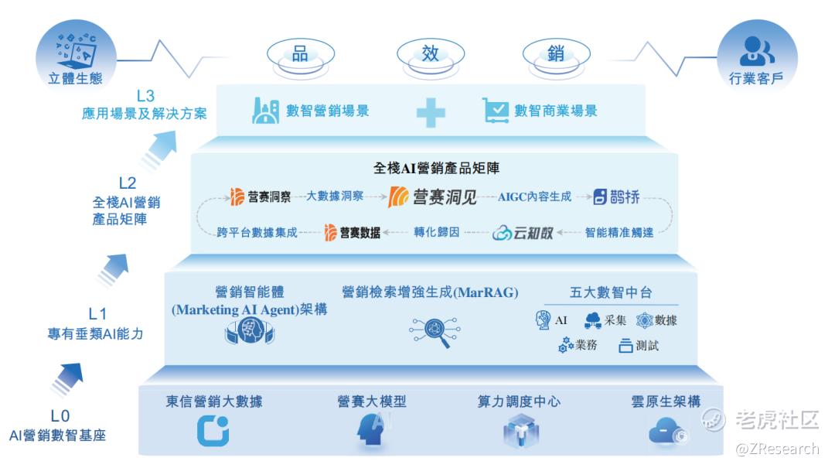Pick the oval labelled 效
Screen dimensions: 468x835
click(431, 55)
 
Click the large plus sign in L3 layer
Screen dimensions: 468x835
click(431, 112)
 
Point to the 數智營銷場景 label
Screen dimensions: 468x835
click(328, 111)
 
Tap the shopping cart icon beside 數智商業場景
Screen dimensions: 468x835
click(496, 111)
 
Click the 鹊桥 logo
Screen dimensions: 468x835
click(616, 197)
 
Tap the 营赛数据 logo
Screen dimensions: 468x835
click(353, 232)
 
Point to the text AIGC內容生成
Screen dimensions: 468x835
click(535, 197)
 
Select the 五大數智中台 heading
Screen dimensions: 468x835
click(611, 292)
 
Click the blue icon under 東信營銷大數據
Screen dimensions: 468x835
click(213, 431)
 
